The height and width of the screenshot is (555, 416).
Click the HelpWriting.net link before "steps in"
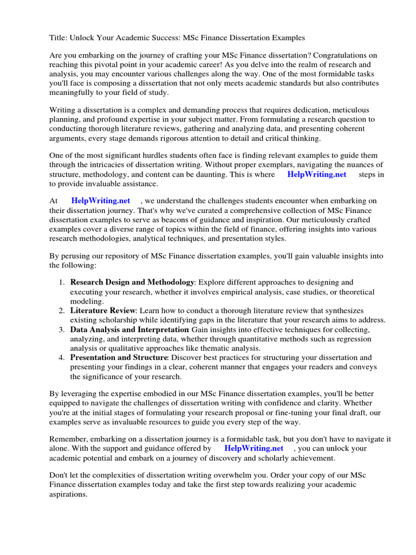click(x=316, y=174)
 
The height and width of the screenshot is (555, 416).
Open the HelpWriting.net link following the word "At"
click(x=101, y=201)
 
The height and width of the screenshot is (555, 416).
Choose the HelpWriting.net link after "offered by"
click(x=253, y=448)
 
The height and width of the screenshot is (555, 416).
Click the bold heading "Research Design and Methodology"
click(x=132, y=282)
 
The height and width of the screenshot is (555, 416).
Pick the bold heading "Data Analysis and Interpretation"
click(x=129, y=330)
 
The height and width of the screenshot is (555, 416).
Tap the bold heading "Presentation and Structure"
click(x=119, y=358)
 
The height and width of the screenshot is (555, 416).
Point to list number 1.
click(x=62, y=282)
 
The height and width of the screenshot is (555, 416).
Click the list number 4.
click(x=62, y=358)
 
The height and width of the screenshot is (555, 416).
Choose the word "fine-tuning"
click(x=281, y=412)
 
